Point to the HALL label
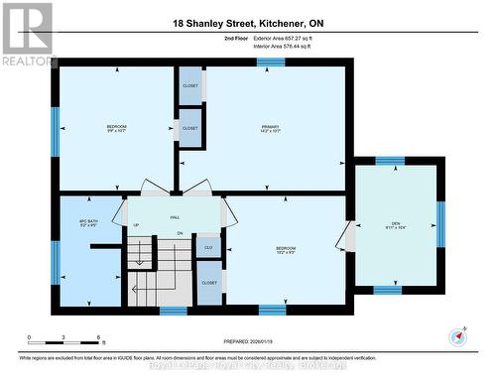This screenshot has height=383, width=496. pos(174,217)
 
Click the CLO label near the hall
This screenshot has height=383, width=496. pos(208,247)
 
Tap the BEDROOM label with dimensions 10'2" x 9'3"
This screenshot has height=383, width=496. pos(286,249)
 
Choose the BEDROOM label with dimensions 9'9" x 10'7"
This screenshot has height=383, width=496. pos(117,128)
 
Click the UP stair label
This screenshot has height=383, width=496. pos(136,225)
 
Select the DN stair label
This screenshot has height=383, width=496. pos(181,233)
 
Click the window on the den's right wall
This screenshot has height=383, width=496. pos(440,223)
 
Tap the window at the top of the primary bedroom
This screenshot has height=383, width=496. pos(271,63)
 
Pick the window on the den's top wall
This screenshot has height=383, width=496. pos(389,160)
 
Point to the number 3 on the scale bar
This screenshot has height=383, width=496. pos(63,338)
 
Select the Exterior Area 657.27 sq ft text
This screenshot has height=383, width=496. pos(294,37)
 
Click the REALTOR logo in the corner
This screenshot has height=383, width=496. pos(27,35)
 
